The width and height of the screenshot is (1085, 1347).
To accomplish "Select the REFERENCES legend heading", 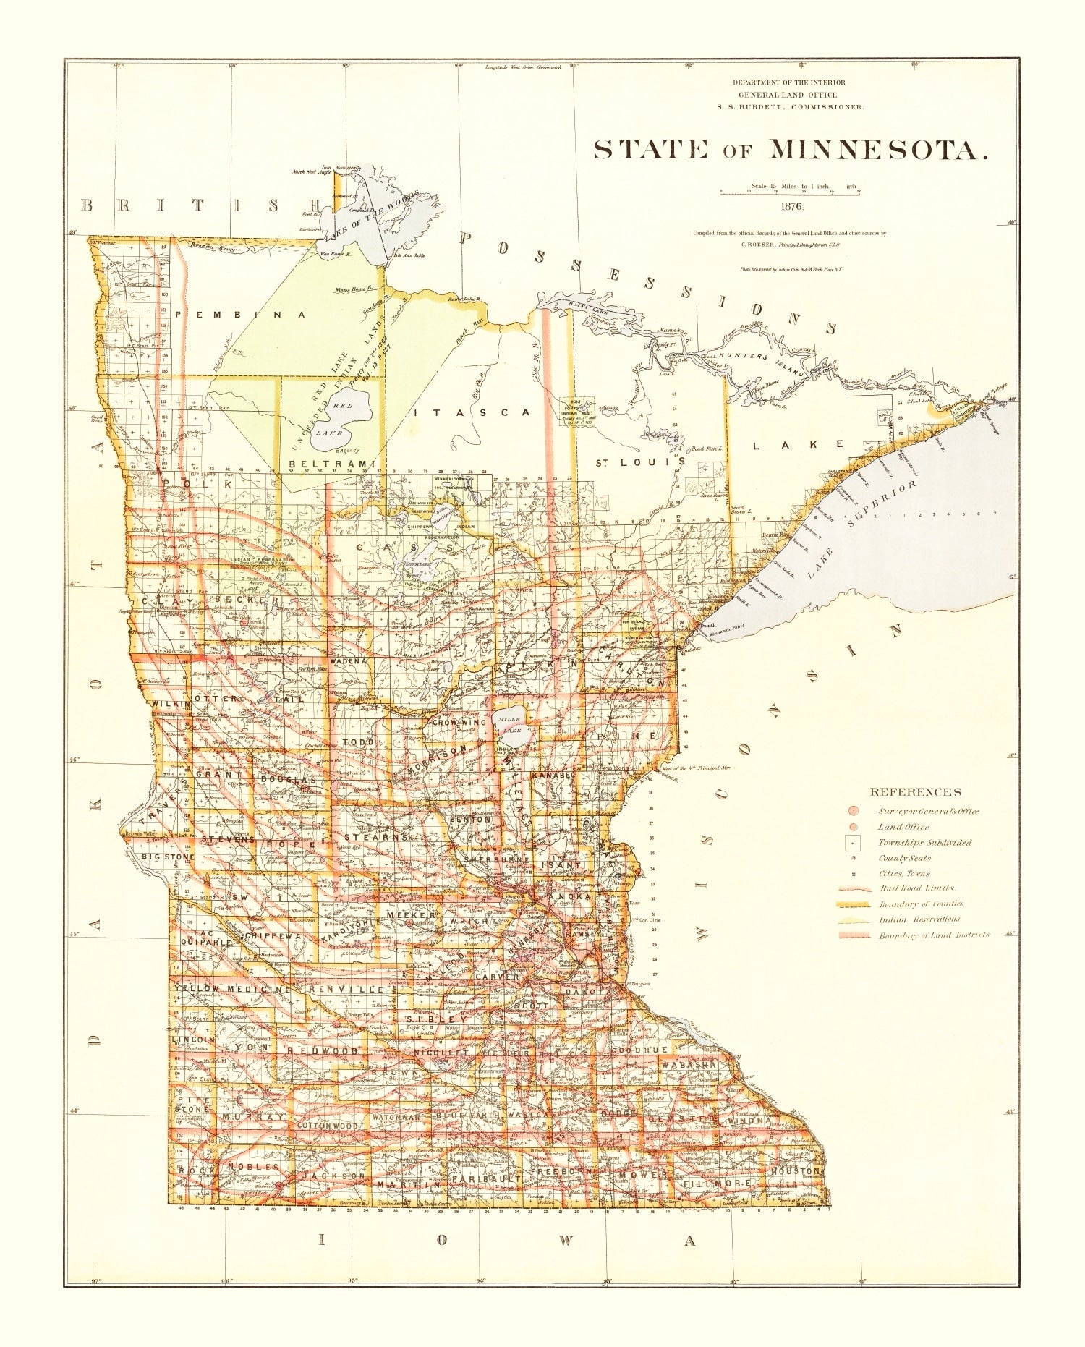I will click(x=915, y=792).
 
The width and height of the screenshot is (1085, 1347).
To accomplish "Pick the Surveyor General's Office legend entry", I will click(x=928, y=811).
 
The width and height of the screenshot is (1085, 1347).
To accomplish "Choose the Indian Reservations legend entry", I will click(x=919, y=919).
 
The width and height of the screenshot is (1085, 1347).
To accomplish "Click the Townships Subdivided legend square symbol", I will click(x=854, y=843).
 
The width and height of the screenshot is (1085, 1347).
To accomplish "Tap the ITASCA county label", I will click(x=473, y=412).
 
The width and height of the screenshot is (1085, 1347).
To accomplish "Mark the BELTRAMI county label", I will click(x=332, y=464).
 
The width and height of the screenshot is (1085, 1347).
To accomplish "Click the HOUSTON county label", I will click(x=794, y=1170).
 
